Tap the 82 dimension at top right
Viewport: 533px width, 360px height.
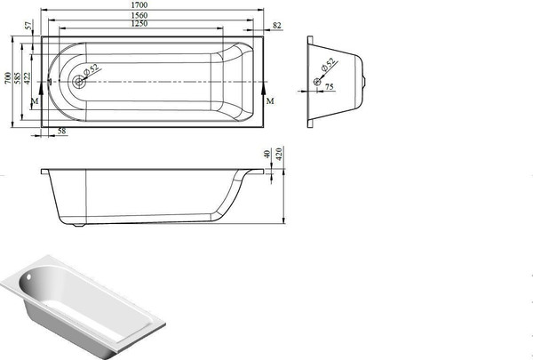pos(277,26)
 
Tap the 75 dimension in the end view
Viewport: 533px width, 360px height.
pos(329,87)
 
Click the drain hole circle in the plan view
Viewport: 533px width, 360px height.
pos(79,83)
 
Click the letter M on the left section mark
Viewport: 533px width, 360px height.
pos(35,104)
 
